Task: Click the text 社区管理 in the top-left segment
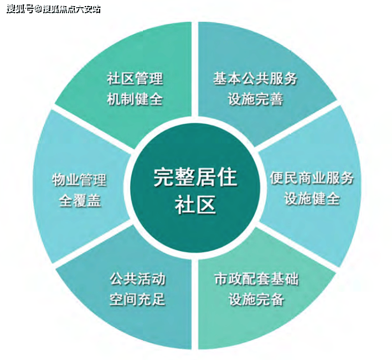(135, 79)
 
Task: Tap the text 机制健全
(135, 100)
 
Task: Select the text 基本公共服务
(255, 79)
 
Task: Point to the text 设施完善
(255, 100)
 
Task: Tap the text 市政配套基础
(256, 279)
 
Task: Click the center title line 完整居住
(195, 178)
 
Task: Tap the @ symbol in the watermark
(38, 9)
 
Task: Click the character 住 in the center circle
(226, 178)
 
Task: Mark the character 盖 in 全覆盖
(94, 200)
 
